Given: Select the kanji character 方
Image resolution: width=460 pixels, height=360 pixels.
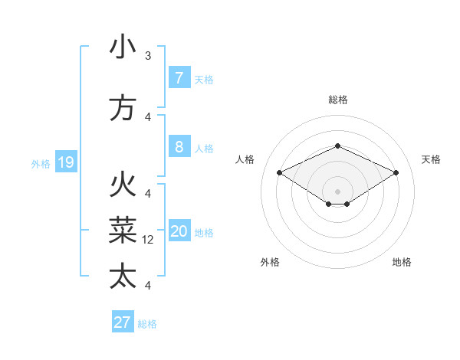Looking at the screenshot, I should tap(123, 108).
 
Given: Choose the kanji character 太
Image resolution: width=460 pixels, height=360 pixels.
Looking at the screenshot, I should tap(123, 277).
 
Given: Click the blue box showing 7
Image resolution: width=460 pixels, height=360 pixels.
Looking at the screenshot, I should tap(179, 77).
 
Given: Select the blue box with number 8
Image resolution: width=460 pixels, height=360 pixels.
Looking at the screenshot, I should tap(179, 148).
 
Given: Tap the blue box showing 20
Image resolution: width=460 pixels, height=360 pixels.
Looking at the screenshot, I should tap(179, 232).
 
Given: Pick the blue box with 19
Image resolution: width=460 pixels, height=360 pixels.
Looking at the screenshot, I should tap(65, 162).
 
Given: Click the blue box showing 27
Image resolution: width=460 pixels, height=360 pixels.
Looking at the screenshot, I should tap(123, 322).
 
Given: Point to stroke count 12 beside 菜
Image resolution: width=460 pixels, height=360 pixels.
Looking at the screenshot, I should tap(149, 240).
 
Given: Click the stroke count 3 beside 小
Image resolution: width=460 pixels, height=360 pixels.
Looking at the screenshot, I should tap(148, 56).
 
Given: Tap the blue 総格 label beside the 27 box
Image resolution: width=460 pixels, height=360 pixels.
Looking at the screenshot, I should tap(147, 324).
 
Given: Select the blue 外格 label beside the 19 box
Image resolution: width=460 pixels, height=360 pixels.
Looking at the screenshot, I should tap(40, 163).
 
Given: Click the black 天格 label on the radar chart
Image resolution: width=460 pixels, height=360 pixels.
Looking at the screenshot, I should tap(432, 159).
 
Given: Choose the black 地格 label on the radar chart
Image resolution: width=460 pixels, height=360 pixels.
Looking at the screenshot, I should tap(402, 262).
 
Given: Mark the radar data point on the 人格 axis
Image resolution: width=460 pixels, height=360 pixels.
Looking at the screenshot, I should tap(280, 172).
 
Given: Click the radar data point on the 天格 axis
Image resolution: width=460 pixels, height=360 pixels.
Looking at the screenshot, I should tap(396, 172).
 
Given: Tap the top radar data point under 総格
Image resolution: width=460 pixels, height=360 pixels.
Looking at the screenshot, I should tap(337, 146).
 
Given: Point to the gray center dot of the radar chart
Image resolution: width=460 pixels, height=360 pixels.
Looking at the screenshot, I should tap(337, 191).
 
